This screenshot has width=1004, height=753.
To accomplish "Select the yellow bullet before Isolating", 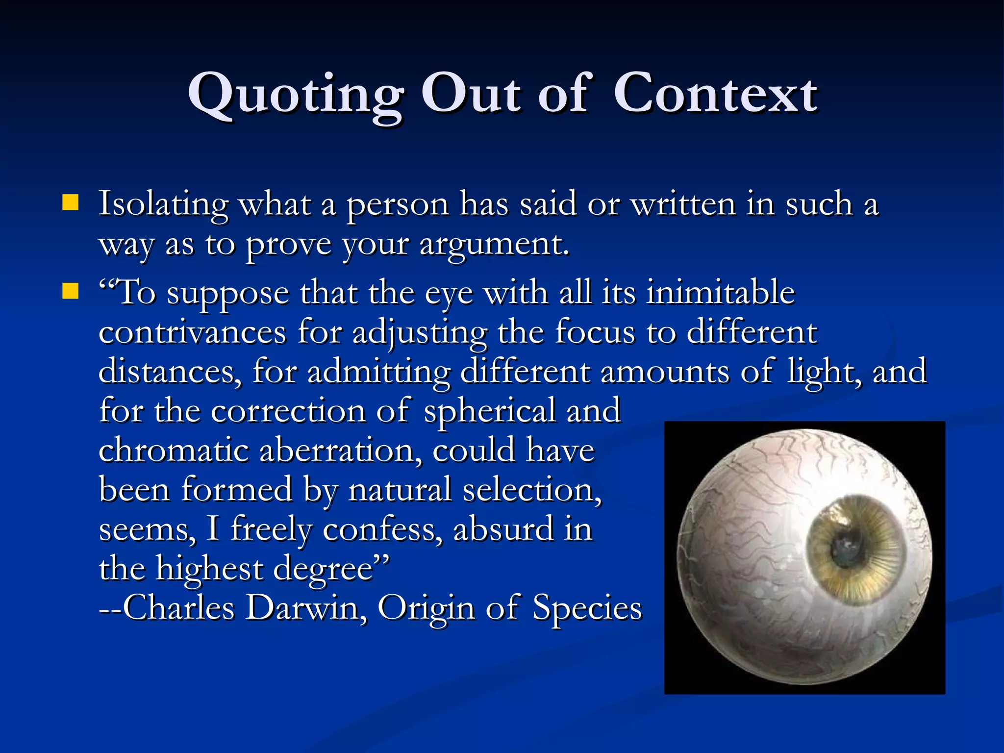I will (x=71, y=202).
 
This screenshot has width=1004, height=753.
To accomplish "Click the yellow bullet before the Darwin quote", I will (x=71, y=291).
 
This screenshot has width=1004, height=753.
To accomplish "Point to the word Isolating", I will (x=163, y=203).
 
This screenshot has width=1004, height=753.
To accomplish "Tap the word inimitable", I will (x=721, y=293).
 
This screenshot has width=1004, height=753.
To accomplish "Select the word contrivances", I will (x=192, y=332).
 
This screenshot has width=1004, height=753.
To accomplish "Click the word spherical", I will (x=490, y=411).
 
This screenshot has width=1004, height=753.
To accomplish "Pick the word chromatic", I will (x=174, y=451).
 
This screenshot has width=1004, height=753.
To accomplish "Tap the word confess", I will (x=382, y=529).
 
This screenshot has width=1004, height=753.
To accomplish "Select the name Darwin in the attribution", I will (x=306, y=608).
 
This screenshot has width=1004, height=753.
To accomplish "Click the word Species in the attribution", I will (x=587, y=608).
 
